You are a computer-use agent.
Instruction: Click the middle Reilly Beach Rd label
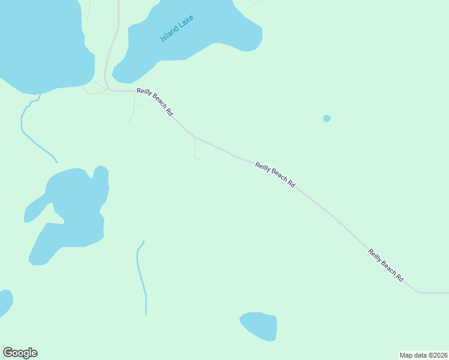point(275,175)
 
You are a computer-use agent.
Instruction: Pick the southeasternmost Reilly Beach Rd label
point(385,266)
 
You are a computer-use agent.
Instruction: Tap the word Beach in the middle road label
point(277,176)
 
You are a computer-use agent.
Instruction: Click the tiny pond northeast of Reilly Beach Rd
point(327,118)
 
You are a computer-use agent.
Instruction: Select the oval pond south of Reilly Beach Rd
point(259,326)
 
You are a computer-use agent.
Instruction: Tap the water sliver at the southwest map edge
point(4,300)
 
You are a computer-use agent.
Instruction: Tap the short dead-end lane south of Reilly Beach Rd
point(195,150)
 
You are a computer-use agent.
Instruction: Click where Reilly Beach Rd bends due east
point(420,293)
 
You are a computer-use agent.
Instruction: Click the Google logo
point(20,353)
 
